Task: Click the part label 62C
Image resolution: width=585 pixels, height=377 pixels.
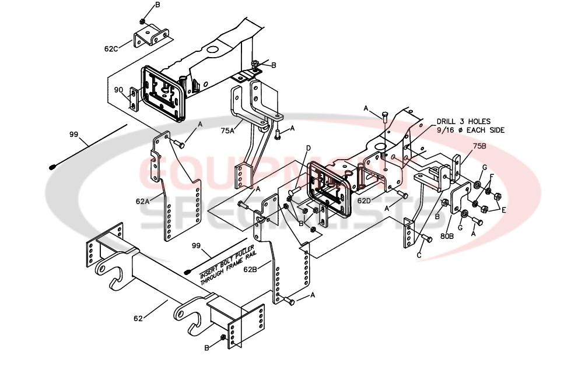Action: (111, 49)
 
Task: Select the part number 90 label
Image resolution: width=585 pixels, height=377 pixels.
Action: (118, 90)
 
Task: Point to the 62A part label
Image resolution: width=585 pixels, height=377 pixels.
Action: (143, 202)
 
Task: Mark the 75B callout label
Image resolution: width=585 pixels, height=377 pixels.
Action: (479, 146)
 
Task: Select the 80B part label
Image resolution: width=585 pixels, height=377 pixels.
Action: (447, 237)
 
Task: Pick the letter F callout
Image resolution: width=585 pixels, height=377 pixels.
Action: (492, 177)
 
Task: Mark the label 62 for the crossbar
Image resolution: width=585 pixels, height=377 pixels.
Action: (139, 319)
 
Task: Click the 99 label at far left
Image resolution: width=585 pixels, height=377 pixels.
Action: (73, 135)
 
